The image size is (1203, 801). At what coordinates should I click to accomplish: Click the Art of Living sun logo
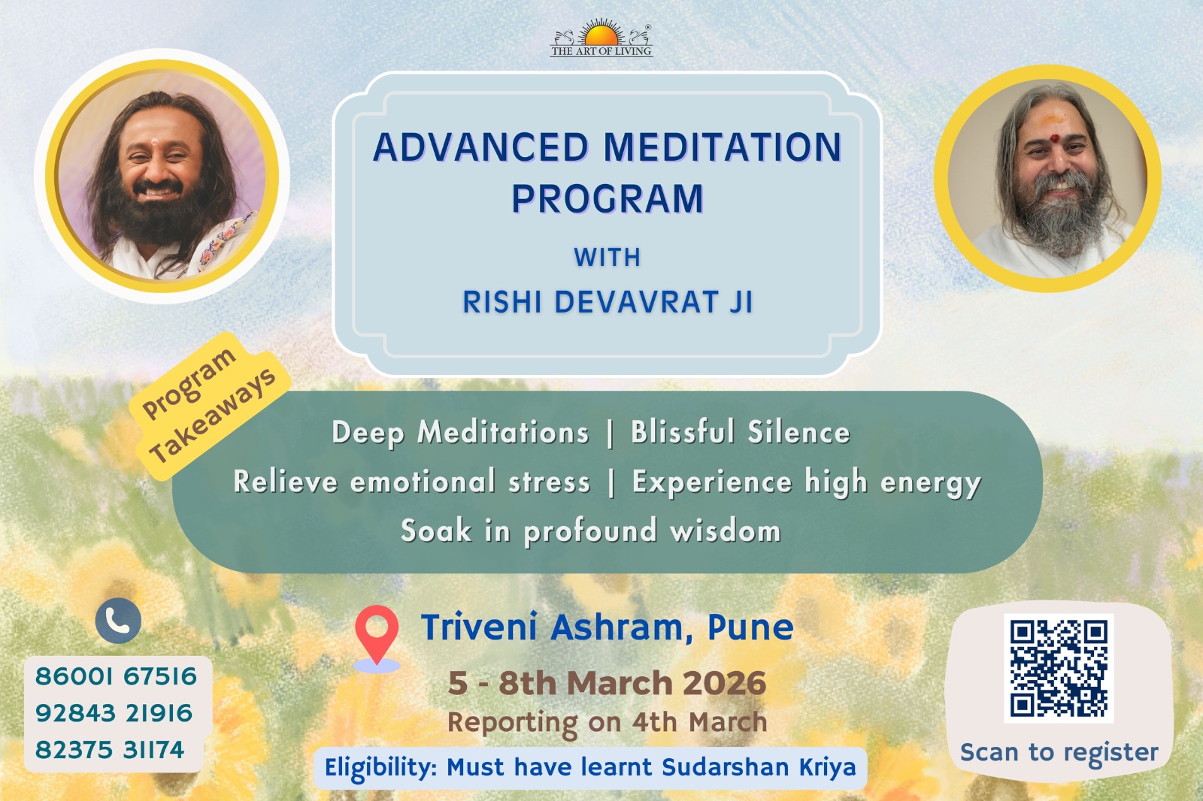click(x=601, y=38)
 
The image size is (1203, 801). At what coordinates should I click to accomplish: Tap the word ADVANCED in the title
click(x=480, y=147)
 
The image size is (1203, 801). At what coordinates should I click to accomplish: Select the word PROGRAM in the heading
click(x=608, y=198)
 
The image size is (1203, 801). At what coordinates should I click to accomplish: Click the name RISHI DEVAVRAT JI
click(x=608, y=301)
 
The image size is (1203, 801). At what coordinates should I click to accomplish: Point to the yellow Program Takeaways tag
click(x=211, y=406)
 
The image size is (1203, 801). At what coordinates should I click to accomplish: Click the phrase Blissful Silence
click(x=741, y=432)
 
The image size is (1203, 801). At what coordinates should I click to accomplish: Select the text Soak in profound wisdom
click(x=591, y=531)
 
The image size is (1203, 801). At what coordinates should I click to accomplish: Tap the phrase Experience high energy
click(x=807, y=482)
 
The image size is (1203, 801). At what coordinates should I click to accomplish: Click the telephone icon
click(x=118, y=621)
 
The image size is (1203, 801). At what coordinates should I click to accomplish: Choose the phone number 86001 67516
click(x=116, y=676)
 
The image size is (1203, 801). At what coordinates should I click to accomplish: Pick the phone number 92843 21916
click(x=114, y=714)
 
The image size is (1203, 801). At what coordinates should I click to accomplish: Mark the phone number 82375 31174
click(x=110, y=750)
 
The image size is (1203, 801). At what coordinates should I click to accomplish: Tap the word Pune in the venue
click(x=750, y=627)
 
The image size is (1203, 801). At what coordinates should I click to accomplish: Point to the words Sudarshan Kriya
click(x=759, y=767)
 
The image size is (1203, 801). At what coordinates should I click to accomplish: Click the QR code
click(x=1059, y=669)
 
